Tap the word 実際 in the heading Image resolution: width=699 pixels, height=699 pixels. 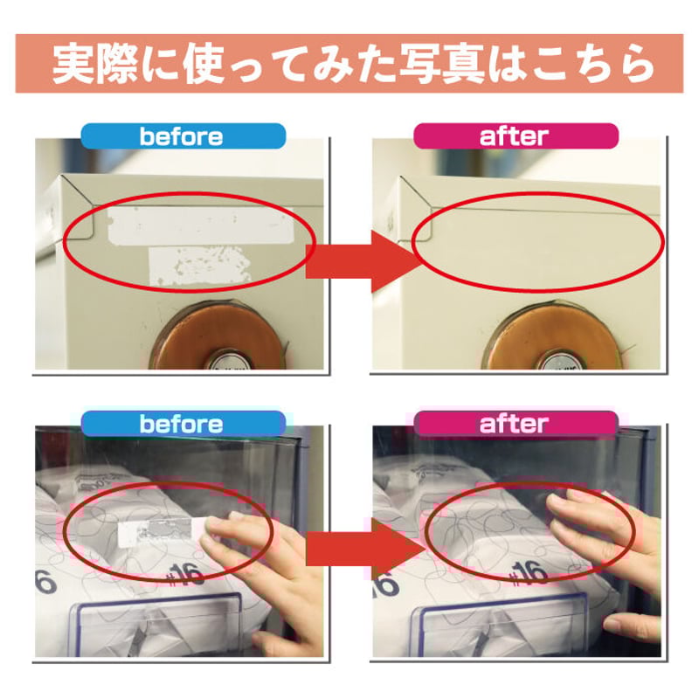click(95, 64)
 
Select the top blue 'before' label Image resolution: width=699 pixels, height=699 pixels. click(183, 136)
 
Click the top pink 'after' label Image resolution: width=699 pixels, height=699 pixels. click(516, 136)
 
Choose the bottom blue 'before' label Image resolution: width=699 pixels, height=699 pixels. click(183, 424)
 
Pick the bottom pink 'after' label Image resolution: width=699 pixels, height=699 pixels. click(516, 424)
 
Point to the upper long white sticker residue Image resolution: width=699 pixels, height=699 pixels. click(201, 225)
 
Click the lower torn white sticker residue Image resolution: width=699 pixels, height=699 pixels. click(199, 266)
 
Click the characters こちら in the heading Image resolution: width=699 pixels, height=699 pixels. click(594, 64)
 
